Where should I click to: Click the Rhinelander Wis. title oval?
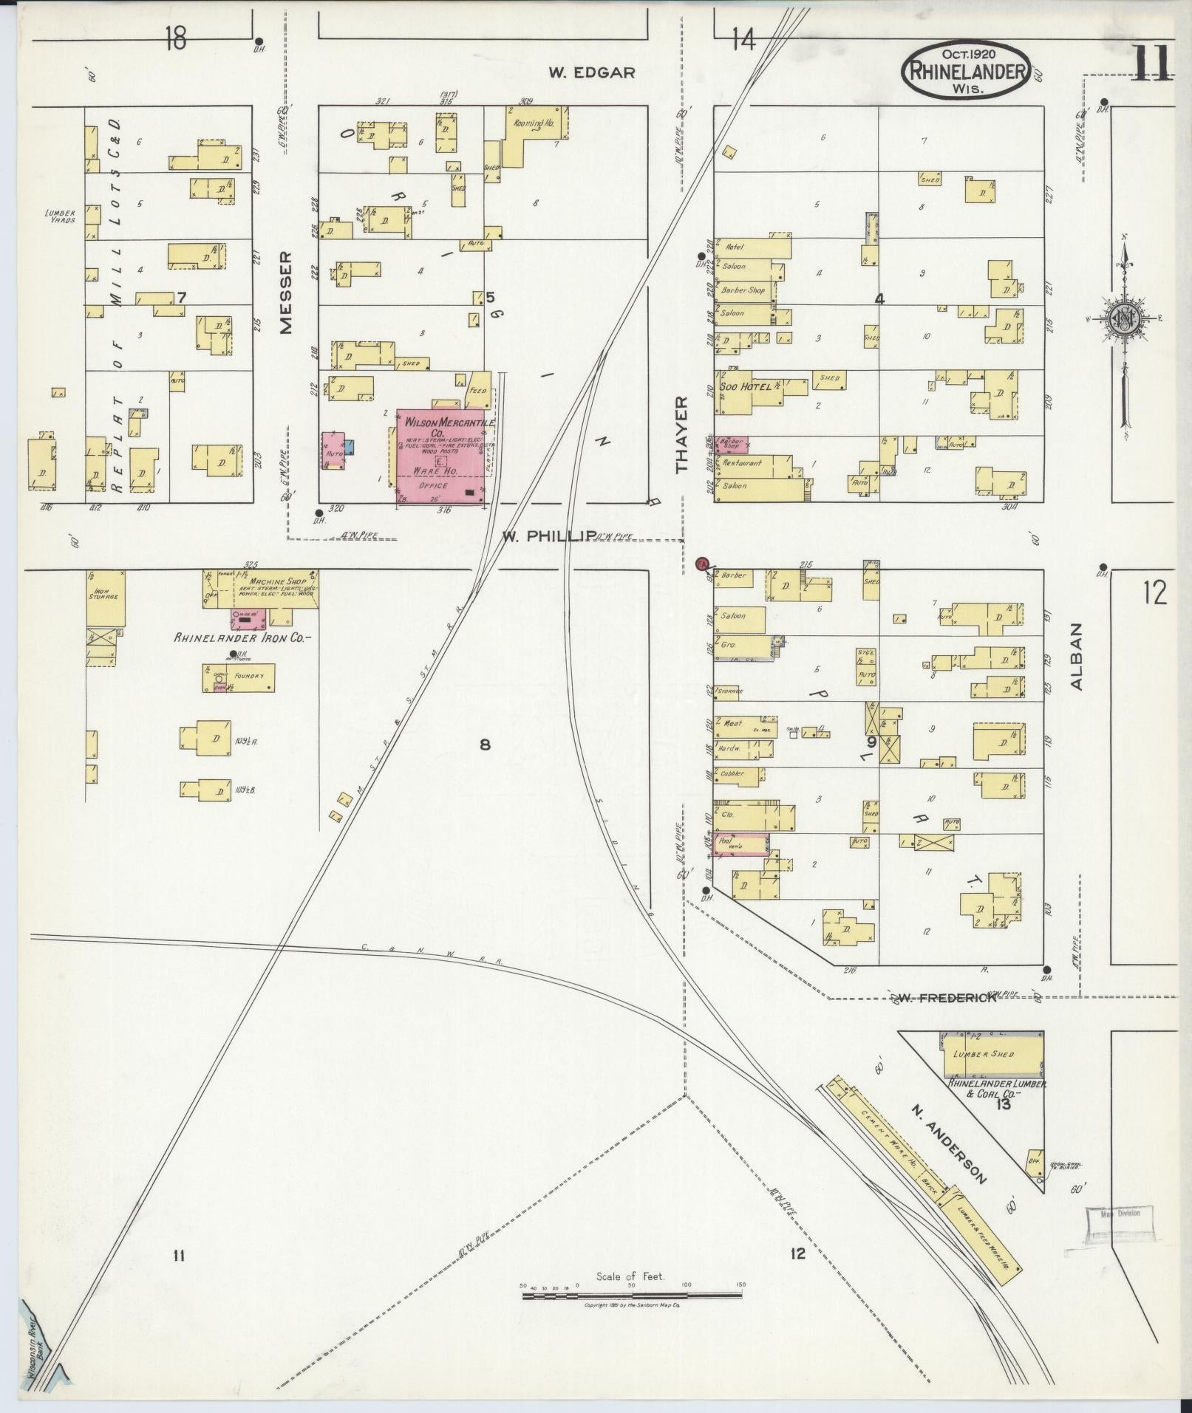coord(966,69)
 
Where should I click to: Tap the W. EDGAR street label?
coord(592,72)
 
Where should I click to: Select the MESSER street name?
coord(286,292)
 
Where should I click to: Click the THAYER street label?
coord(681,434)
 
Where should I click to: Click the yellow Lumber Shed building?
coord(992,1054)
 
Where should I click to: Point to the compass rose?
coord(1123,318)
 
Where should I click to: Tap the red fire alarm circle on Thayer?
coord(703,564)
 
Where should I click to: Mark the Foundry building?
coord(239,677)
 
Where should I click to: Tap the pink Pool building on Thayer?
coord(740,844)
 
